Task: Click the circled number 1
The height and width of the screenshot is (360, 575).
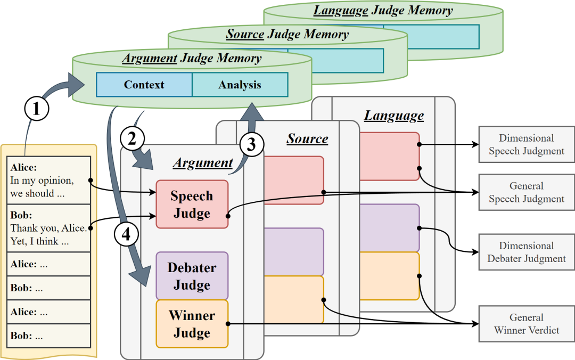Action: [37, 109]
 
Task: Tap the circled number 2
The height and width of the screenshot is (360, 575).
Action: [132, 138]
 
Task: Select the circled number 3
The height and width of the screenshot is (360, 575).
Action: [252, 144]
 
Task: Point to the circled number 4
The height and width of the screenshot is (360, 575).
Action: [126, 234]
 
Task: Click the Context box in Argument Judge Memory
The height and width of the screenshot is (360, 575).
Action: [144, 85]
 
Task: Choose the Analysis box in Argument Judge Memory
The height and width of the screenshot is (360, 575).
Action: [240, 85]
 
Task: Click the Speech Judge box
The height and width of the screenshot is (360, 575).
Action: [192, 204]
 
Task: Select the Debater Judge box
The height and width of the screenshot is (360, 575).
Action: [192, 276]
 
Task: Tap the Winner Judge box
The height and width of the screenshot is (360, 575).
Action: [192, 324]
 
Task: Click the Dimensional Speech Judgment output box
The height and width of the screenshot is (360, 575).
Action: [527, 145]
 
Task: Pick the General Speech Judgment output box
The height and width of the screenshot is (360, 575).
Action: [527, 192]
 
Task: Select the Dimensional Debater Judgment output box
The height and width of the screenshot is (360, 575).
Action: [527, 252]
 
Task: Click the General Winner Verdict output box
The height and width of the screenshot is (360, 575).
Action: [527, 324]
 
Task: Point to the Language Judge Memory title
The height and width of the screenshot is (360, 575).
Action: [383, 11]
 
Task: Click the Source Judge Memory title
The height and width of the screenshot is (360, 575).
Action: [287, 35]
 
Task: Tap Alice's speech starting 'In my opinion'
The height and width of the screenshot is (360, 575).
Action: [49, 180]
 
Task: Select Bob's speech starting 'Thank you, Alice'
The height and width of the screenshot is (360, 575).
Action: [49, 228]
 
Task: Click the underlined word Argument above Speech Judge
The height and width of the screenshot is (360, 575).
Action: [203, 163]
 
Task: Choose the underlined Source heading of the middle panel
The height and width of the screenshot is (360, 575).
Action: [307, 138]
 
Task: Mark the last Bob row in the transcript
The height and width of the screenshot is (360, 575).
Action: [49, 336]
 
